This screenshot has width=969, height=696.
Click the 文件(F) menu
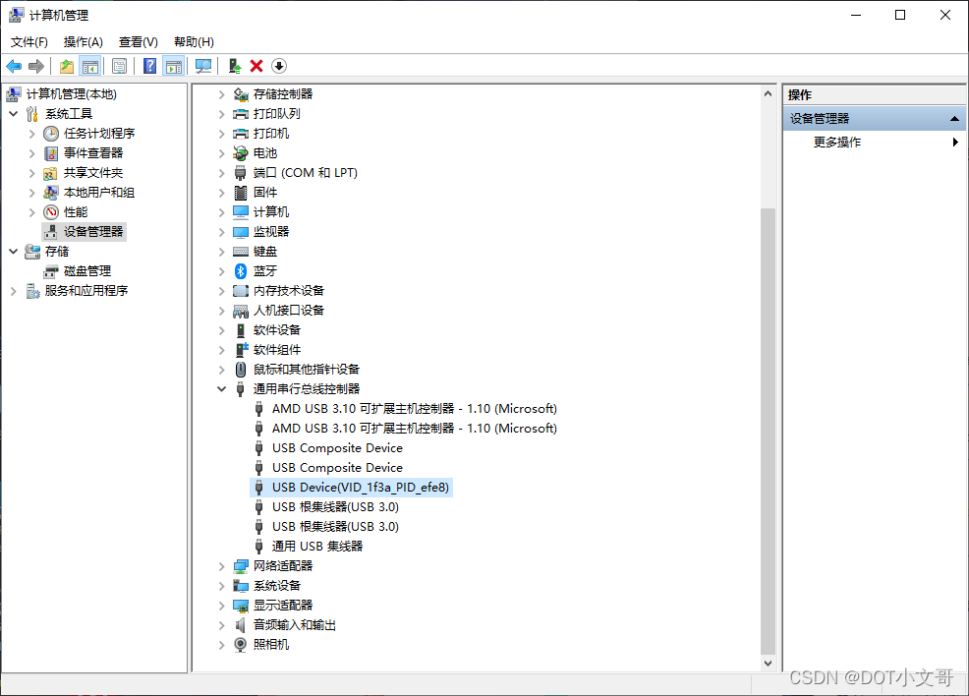coord(29,42)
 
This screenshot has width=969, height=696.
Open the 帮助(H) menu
coord(194,42)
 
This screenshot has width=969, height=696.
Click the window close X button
coord(944,15)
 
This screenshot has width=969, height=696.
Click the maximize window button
coord(900,15)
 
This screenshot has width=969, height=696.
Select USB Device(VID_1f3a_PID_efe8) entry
coord(361,488)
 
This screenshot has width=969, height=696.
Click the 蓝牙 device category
coord(265,271)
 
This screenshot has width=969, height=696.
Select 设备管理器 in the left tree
coord(93,232)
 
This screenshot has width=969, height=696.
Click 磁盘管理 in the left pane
coord(87,271)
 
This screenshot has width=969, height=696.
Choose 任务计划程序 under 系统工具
coord(99,134)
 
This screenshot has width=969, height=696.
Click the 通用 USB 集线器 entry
coord(317,547)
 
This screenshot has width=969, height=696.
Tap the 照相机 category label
coord(271,645)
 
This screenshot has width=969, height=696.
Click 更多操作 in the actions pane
coord(837,143)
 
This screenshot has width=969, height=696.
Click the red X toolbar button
coord(256,66)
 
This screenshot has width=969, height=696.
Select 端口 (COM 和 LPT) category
coord(306,173)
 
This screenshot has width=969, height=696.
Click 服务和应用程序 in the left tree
coord(86,291)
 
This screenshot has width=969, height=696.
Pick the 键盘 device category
coord(265,252)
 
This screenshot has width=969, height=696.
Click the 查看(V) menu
coord(139,42)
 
